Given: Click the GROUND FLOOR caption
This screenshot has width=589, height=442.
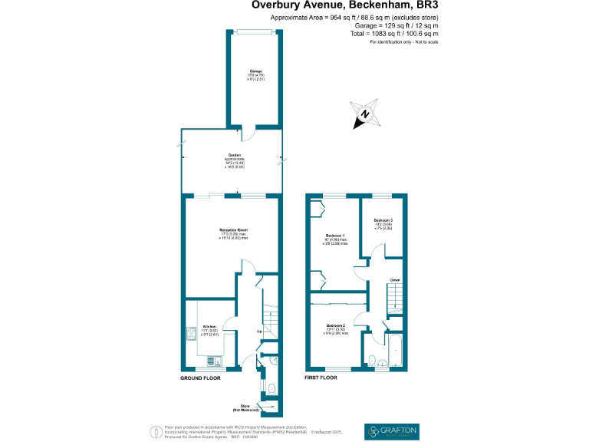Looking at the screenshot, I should click(200, 379).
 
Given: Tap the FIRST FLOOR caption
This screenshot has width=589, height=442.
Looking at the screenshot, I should click(322, 379).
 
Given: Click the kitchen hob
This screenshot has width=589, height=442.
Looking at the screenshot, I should click(190, 334).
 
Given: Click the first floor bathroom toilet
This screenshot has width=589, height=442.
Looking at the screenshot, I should click(371, 359).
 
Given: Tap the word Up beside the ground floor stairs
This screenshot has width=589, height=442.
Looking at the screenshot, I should click(260, 332).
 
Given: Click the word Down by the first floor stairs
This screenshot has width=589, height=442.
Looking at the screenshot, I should click(394, 280).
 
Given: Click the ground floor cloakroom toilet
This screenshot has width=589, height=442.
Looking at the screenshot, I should click(273, 388).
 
